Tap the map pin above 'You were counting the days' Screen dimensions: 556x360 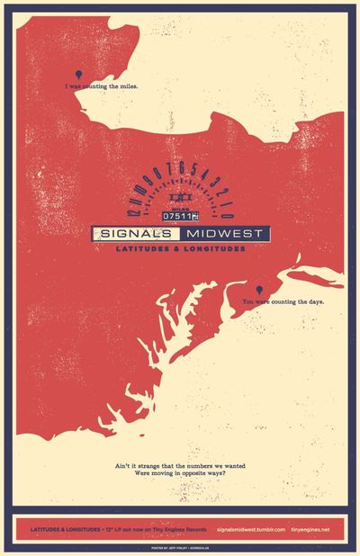click(259, 289)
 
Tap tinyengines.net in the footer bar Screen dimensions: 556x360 click(311, 529)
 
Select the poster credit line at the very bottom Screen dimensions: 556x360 click(180, 547)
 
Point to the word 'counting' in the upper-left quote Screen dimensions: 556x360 click(94, 87)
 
